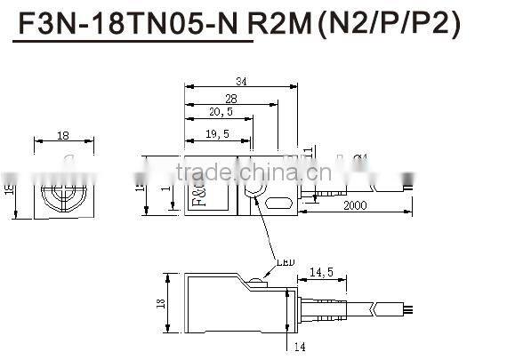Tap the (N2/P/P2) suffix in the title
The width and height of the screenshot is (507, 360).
[389, 28]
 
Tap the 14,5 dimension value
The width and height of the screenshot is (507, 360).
[322, 273]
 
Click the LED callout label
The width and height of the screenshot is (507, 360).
[284, 262]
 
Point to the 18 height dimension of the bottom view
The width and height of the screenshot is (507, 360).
[161, 302]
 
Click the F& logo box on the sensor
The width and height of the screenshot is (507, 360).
[197, 197]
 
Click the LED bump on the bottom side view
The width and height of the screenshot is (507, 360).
[255, 283]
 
